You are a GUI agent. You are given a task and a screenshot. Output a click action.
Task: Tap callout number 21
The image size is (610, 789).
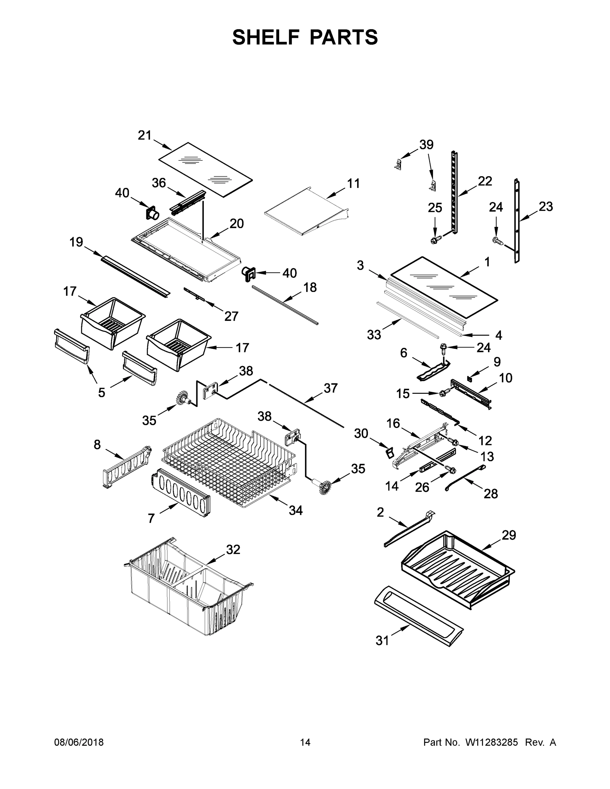tap(145, 135)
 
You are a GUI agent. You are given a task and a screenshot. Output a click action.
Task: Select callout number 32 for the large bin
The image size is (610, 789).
tap(233, 549)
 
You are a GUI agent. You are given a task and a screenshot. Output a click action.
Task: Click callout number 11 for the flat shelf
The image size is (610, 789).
tap(354, 183)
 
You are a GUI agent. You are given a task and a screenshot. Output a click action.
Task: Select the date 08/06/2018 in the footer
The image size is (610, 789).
tap(79, 742)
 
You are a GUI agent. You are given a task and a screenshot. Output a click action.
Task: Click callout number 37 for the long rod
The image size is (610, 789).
tap(330, 388)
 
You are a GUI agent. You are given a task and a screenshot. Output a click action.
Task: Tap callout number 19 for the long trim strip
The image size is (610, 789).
tap(76, 242)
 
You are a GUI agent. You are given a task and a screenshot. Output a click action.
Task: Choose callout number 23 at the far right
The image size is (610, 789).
tap(546, 207)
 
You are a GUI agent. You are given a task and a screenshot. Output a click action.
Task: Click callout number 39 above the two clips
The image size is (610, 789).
tap(427, 145)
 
